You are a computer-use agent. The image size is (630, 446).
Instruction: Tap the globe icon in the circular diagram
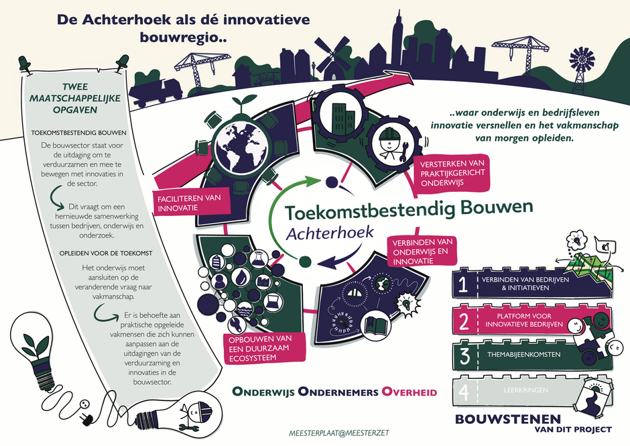click(x=240, y=145)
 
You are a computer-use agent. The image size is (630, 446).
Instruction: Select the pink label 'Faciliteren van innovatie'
click(x=189, y=203)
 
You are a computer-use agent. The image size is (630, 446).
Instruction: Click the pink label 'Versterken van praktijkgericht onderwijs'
click(x=452, y=173)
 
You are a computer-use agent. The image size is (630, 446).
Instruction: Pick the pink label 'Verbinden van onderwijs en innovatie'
click(x=422, y=252)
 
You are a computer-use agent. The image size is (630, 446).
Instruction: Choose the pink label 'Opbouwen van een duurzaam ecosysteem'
click(x=264, y=348)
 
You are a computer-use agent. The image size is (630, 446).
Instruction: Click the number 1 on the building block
click(x=463, y=284)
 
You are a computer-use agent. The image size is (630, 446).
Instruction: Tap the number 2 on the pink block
click(x=464, y=322)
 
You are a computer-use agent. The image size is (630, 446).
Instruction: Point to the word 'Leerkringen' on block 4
click(x=526, y=390)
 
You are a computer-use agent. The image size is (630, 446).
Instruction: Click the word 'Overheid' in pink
click(x=409, y=392)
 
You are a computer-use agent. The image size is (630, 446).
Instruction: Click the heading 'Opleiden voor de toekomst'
click(x=106, y=254)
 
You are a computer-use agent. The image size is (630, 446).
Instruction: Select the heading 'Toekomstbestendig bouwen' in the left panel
click(x=79, y=133)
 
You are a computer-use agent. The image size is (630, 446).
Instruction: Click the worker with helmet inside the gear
click(x=391, y=143)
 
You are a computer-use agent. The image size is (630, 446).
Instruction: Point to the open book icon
click(x=377, y=325)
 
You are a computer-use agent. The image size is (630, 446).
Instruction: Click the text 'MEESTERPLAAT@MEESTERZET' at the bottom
click(x=338, y=433)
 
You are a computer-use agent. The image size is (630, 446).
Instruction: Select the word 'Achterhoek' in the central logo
click(x=330, y=233)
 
